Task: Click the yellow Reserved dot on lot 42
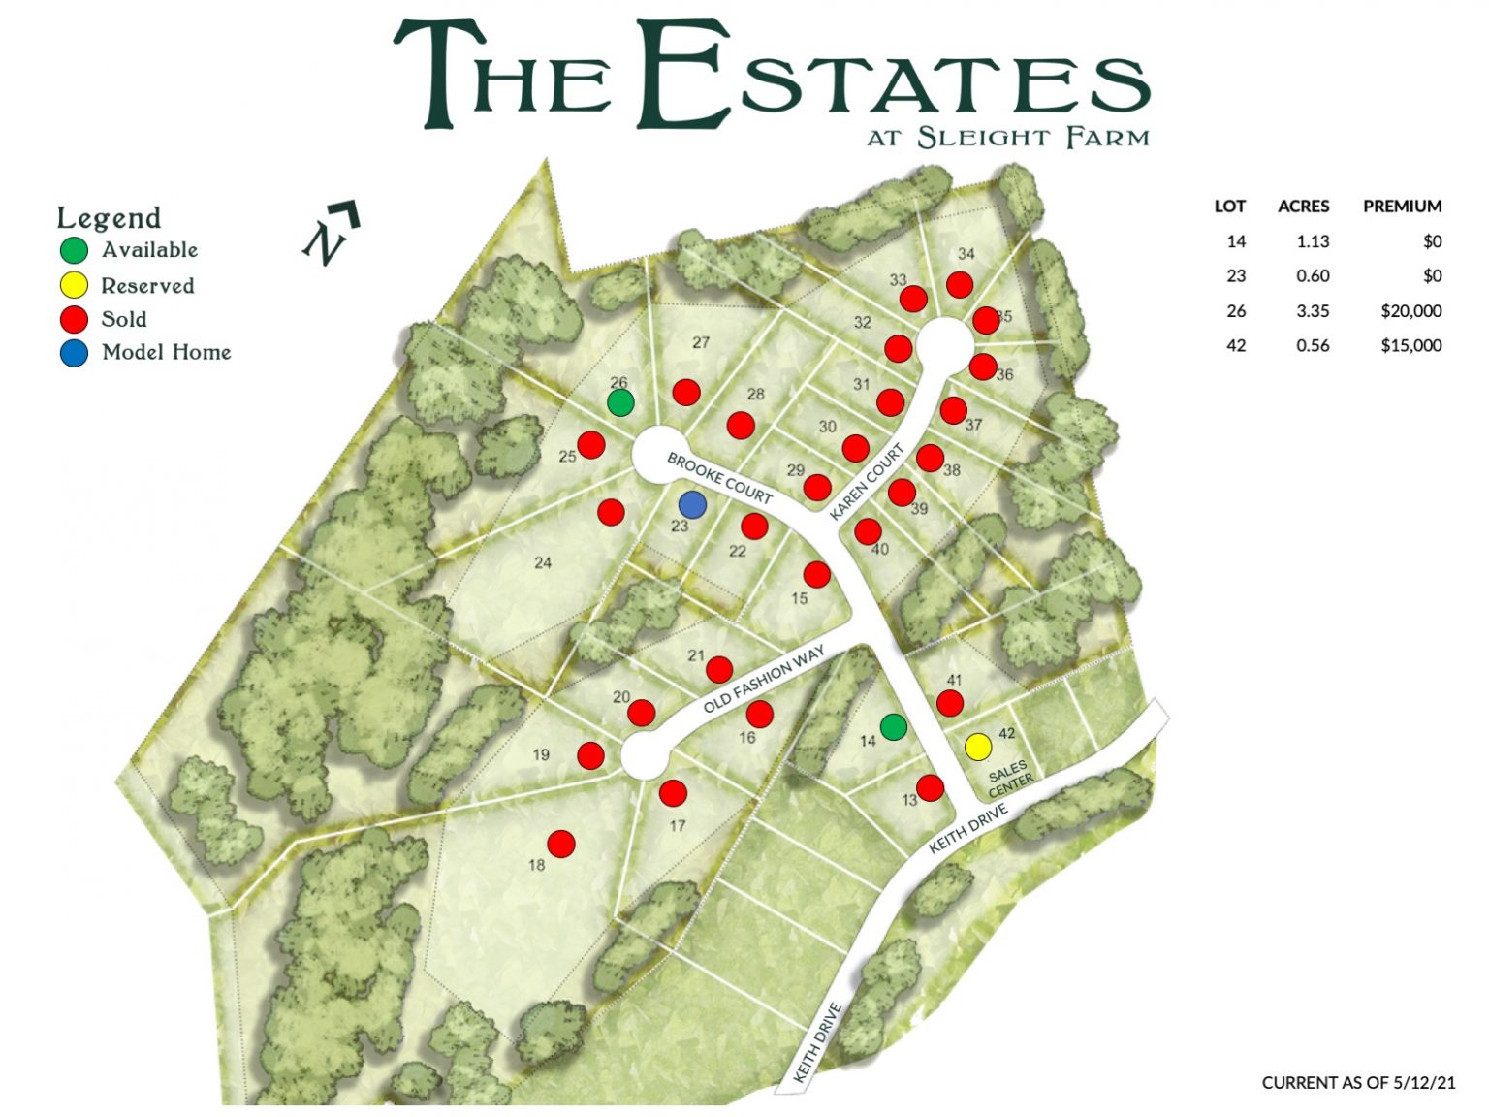click(x=978, y=747)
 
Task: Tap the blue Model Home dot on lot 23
click(x=692, y=504)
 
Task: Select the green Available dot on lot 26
click(x=620, y=402)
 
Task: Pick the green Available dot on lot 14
click(x=893, y=726)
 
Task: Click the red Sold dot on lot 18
click(x=561, y=844)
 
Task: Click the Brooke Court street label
click(x=719, y=478)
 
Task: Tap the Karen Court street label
click(x=867, y=481)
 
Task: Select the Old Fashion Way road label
click(x=764, y=679)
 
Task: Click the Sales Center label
click(x=1009, y=779)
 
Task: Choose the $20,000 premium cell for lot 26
click(x=1410, y=311)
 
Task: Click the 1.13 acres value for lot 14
click(x=1313, y=241)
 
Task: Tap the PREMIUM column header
click(x=1402, y=207)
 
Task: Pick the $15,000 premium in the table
click(x=1410, y=345)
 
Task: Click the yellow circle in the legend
click(x=74, y=285)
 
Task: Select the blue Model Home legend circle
click(x=74, y=353)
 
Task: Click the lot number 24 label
click(x=543, y=562)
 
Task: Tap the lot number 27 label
click(x=701, y=342)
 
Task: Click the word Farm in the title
click(x=1107, y=138)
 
